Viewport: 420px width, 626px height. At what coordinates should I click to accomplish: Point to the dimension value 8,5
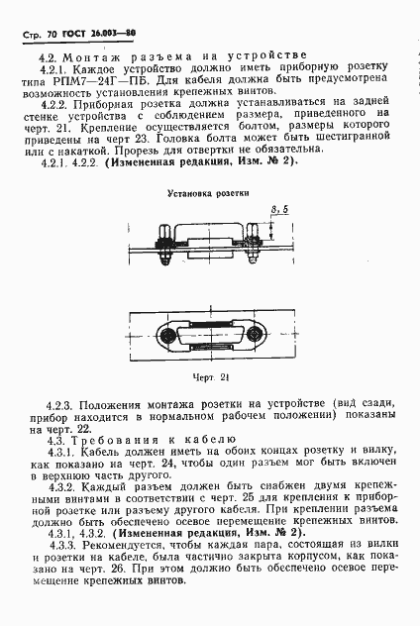click(280, 209)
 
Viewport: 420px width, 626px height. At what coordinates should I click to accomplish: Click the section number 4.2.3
click(61, 405)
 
